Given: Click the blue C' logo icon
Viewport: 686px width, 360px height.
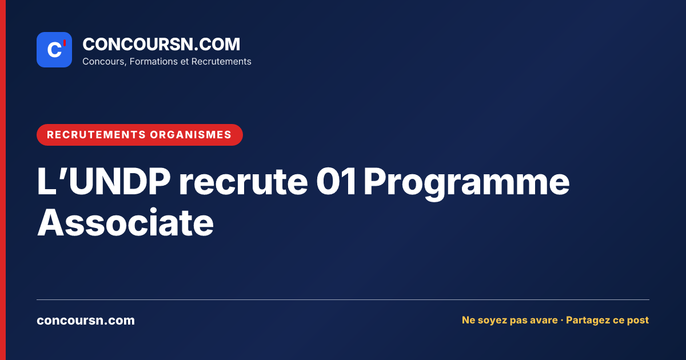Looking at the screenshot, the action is click(54, 50).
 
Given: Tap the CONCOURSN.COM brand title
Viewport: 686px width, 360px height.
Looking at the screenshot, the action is click(161, 44).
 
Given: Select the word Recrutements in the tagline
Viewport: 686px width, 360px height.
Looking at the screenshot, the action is click(221, 62).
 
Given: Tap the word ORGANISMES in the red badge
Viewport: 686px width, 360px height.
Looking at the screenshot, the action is click(190, 135).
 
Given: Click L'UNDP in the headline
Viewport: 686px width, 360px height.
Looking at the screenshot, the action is click(103, 181).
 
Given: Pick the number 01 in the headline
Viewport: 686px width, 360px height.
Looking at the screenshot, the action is click(336, 181).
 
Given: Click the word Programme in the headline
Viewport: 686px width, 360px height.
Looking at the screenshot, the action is click(466, 183).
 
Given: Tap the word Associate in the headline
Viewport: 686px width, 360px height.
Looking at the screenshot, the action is click(126, 222).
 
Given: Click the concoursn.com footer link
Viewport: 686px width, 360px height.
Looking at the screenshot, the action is click(86, 321).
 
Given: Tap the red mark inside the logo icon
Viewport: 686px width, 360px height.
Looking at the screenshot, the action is click(65, 43).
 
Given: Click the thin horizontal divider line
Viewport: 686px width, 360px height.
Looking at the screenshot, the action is click(343, 299).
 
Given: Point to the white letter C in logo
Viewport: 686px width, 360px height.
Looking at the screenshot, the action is click(54, 50).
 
